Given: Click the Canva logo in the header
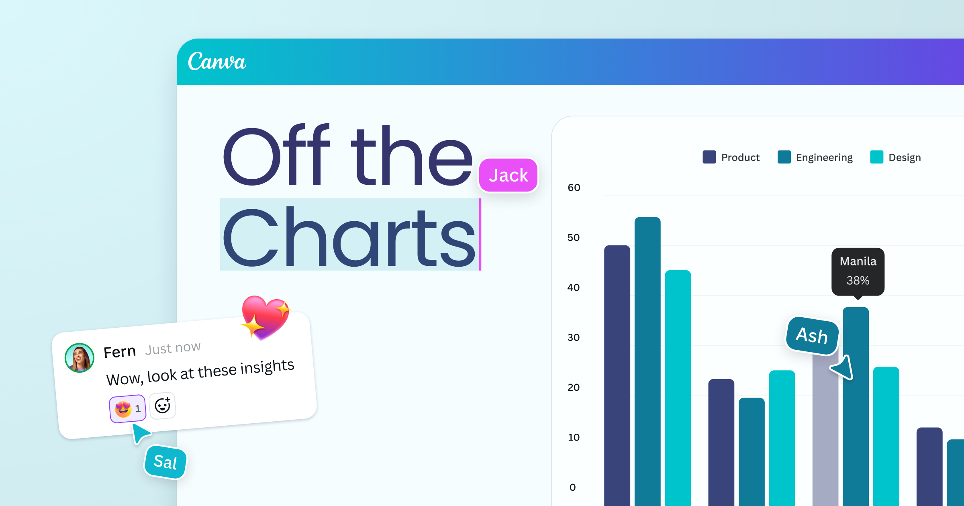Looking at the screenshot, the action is click(x=217, y=61).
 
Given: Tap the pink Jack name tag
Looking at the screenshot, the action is click(x=508, y=175).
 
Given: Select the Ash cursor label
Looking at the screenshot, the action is click(x=812, y=336).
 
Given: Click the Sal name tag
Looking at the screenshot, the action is click(x=165, y=462).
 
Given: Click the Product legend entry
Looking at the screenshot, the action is click(x=731, y=157).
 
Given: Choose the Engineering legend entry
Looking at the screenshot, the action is click(x=815, y=157).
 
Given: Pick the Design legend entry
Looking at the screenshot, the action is click(x=895, y=157).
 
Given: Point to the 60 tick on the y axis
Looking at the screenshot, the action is click(x=574, y=188).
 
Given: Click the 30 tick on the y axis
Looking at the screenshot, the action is click(x=574, y=337).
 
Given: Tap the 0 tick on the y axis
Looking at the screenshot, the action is click(x=573, y=487).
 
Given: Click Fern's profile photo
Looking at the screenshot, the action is click(x=80, y=358).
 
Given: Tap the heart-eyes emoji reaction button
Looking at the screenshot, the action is click(x=127, y=409).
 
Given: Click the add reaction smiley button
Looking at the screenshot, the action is click(x=162, y=406).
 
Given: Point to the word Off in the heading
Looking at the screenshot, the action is click(x=276, y=155).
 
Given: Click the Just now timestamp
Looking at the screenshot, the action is click(x=173, y=348).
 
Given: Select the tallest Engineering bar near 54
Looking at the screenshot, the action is click(x=647, y=361).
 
